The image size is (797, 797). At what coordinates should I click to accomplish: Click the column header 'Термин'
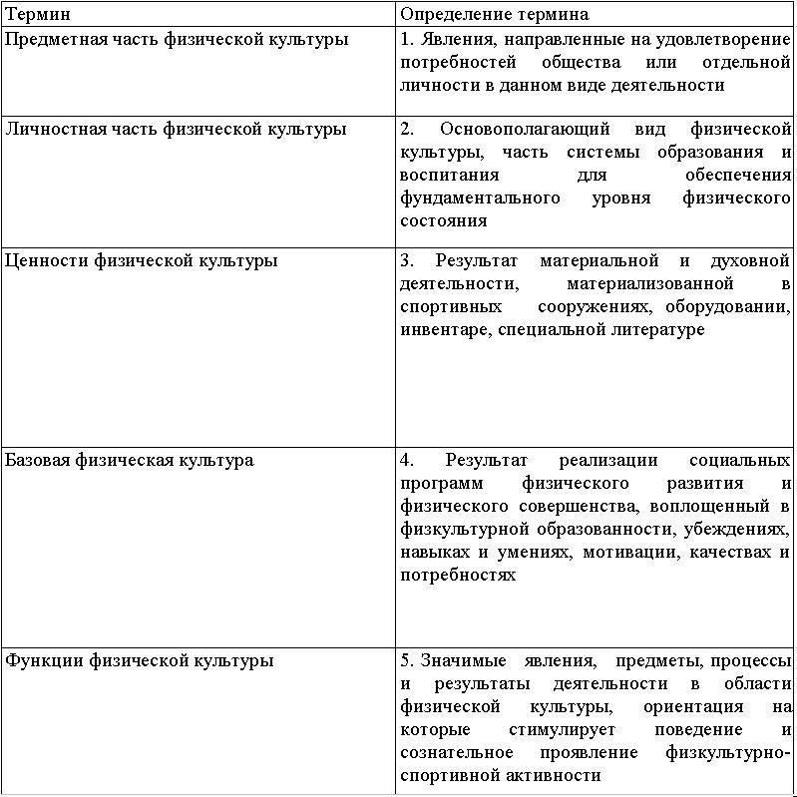[x=37, y=14]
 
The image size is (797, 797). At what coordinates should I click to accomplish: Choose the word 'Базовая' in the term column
[x=37, y=460]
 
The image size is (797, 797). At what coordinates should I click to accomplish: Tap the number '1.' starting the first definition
[x=407, y=40]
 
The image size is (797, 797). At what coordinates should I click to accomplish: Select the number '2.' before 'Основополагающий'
[x=407, y=129]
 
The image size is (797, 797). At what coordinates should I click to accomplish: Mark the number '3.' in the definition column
[x=407, y=260]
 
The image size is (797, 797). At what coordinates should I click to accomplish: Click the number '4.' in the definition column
[x=407, y=460]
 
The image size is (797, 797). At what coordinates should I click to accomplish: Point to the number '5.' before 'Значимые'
[x=407, y=660]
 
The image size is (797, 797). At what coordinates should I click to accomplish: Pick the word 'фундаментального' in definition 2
[x=479, y=198]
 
